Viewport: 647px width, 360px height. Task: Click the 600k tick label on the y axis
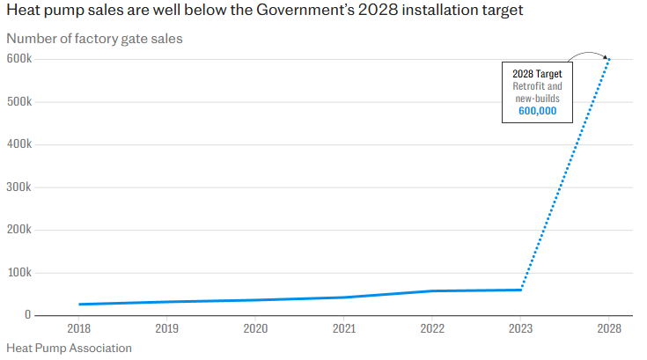coord(19,59)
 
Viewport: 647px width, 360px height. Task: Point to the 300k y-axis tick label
coord(19,187)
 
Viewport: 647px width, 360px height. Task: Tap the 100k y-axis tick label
coord(19,273)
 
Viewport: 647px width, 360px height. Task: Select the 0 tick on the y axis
coord(28,315)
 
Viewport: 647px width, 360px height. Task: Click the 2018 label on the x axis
coord(79,329)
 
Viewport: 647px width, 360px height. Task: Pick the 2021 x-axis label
coord(344,329)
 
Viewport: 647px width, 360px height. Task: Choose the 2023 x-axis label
coord(520,329)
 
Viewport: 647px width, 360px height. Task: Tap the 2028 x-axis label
coord(608,329)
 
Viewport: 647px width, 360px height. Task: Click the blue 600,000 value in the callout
coord(537,111)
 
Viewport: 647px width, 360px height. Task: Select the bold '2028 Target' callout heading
coord(537,74)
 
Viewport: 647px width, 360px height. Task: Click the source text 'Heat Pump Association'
coord(69,348)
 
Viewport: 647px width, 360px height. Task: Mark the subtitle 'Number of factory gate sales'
coord(95,39)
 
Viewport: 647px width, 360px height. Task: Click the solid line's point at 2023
coord(520,290)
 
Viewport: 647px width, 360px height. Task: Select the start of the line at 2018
coord(79,305)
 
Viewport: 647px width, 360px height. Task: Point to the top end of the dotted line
coord(608,59)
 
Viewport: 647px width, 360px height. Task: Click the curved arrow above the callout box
coord(587,52)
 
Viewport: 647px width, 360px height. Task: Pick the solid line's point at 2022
coord(432,290)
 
